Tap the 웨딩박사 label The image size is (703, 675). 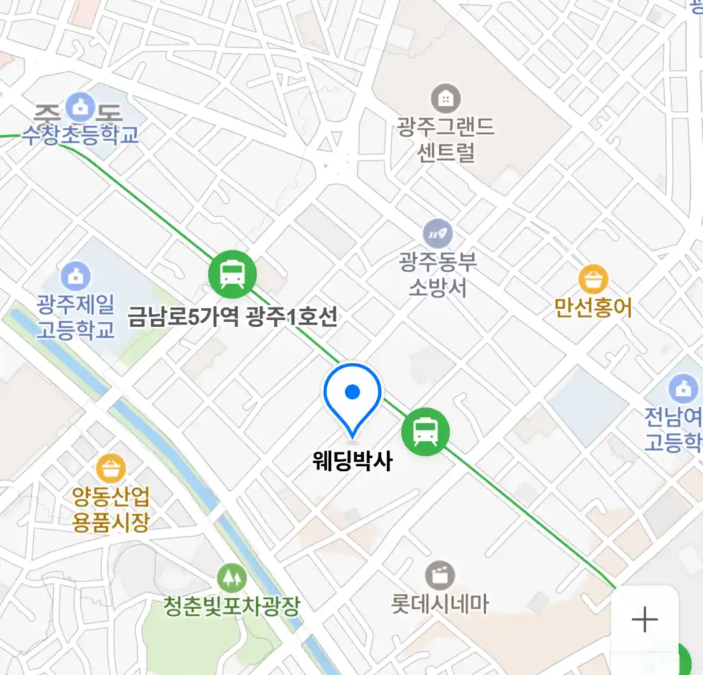[352, 461]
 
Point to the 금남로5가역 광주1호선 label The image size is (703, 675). [232, 316]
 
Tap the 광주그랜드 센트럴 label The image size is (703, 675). [446, 139]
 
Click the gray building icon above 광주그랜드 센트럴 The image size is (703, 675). [446, 98]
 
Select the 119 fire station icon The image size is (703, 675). [438, 234]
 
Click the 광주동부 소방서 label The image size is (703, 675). [438, 274]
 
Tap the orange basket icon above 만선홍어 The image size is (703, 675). [593, 279]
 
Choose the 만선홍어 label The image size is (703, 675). [593, 307]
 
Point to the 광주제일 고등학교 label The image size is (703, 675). [76, 317]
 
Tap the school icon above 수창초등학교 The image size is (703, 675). [81, 108]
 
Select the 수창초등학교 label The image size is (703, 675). [81, 134]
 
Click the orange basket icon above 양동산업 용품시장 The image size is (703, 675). [111, 468]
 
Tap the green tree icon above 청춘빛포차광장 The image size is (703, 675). [232, 578]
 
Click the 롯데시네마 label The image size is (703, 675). [440, 604]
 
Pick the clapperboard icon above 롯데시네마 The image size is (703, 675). [440, 575]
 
